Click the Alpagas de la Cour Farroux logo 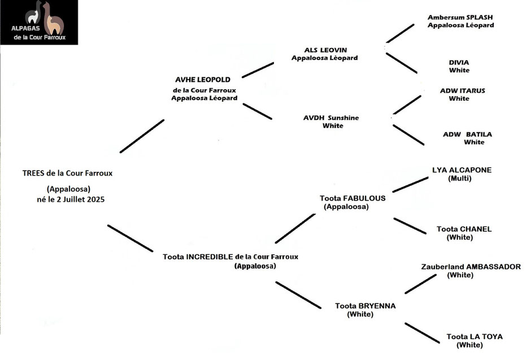click(x=39, y=22)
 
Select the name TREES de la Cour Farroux click(x=71, y=173)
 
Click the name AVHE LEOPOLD click(x=203, y=80)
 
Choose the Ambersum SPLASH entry click(x=460, y=18)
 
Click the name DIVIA click(x=459, y=62)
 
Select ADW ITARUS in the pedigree click(x=462, y=90)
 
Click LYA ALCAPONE click(x=462, y=170)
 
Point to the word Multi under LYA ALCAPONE click(x=460, y=179)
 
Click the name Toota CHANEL click(x=464, y=229)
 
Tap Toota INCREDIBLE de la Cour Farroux click(x=230, y=257)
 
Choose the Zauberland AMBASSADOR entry click(x=471, y=267)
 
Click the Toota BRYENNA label click(x=365, y=306)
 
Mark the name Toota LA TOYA click(x=474, y=336)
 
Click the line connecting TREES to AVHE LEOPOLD click(x=142, y=136)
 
